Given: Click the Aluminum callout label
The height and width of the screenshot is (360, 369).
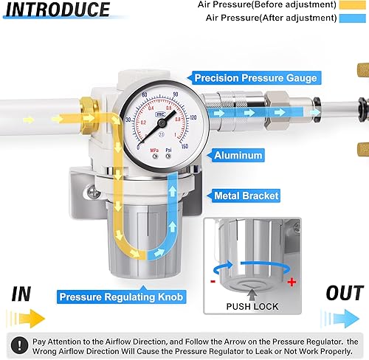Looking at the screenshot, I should tap(238, 156).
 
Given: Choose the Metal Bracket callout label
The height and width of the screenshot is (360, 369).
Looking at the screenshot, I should tap(246, 195).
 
